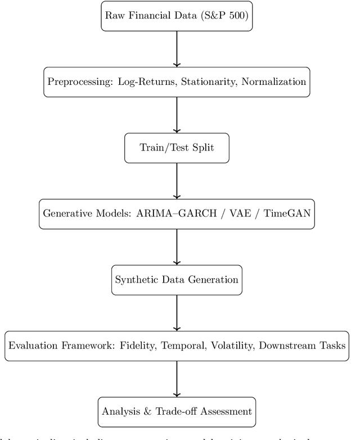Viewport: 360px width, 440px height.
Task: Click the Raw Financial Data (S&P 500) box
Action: pyautogui.click(x=177, y=15)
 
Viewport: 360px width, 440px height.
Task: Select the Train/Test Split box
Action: pyautogui.click(x=177, y=148)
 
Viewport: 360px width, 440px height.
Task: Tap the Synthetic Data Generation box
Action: pyautogui.click(x=177, y=279)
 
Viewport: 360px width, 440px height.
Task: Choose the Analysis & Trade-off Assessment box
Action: pyautogui.click(x=177, y=411)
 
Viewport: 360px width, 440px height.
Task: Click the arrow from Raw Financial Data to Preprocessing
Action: pyautogui.click(x=177, y=49)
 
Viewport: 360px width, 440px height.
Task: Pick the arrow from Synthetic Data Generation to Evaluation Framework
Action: pyautogui.click(x=177, y=312)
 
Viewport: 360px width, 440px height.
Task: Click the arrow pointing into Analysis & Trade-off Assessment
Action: pyautogui.click(x=177, y=378)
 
